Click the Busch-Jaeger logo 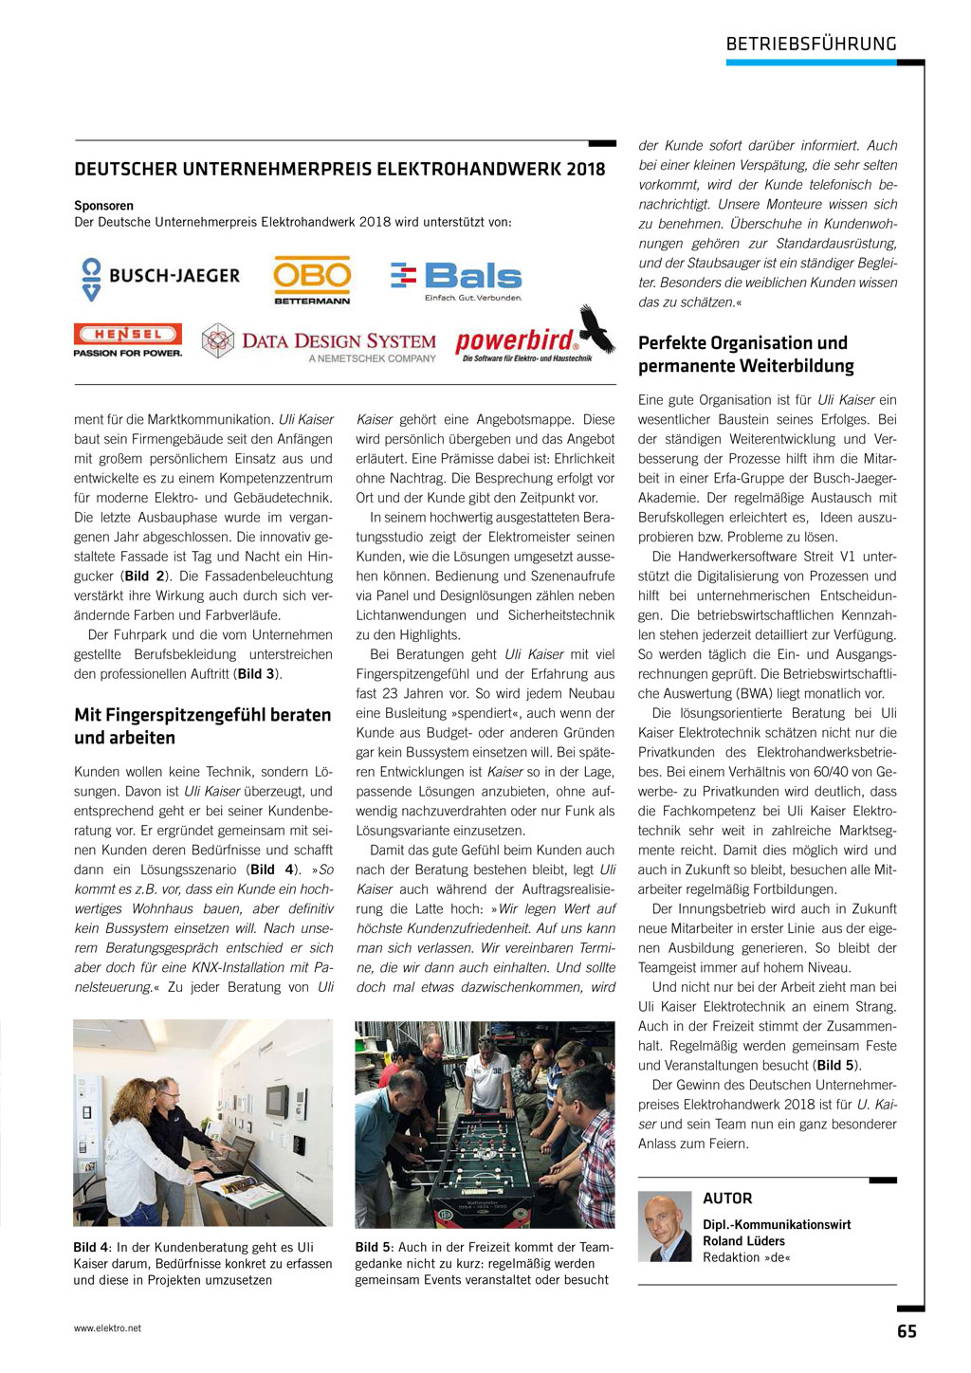[160, 277]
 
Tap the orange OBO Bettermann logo [312, 279]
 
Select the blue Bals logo [457, 279]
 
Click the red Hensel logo [128, 339]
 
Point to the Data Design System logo [320, 344]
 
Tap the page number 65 [907, 1331]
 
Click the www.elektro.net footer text [107, 1328]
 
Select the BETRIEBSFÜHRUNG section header [811, 44]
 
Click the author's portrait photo [665, 1226]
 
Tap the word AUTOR [727, 1199]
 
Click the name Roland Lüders [744, 1240]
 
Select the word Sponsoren [104, 206]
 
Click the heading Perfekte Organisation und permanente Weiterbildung [745, 354]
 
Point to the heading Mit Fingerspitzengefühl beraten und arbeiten [203, 725]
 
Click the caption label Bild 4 [92, 1247]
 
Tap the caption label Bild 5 [374, 1247]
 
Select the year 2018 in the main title [585, 170]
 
